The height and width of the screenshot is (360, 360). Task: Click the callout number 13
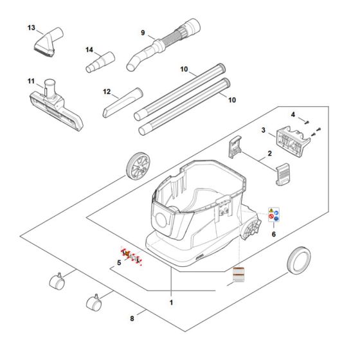[32, 28]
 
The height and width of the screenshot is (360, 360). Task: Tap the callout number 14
[89, 50]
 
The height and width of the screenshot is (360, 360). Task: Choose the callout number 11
[30, 81]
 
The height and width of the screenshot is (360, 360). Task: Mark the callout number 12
[108, 92]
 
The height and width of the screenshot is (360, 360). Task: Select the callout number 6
[273, 235]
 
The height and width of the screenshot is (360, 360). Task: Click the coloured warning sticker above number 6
[273, 217]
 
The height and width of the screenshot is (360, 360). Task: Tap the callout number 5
[118, 264]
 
